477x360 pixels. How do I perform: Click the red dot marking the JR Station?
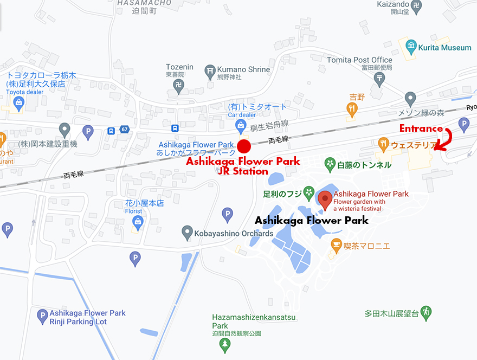pos(244,146)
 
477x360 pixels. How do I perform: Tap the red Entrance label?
pos(421,128)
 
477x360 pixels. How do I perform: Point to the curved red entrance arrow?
pos(446,140)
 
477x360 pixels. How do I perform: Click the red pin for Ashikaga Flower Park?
pos(325,200)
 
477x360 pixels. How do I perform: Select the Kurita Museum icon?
pos(411,47)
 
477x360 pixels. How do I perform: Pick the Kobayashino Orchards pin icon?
pos(187,233)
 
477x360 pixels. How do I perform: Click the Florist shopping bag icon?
pos(138,221)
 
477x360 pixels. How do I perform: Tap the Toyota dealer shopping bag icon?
pos(20,102)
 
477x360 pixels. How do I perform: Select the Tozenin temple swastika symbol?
pos(179,85)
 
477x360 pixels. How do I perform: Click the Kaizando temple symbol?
pos(416,7)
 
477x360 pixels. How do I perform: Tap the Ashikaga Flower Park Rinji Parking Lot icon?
pos(42,316)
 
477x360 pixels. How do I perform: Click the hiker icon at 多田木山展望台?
pos(427,313)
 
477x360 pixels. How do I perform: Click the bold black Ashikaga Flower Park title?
pos(311,220)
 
